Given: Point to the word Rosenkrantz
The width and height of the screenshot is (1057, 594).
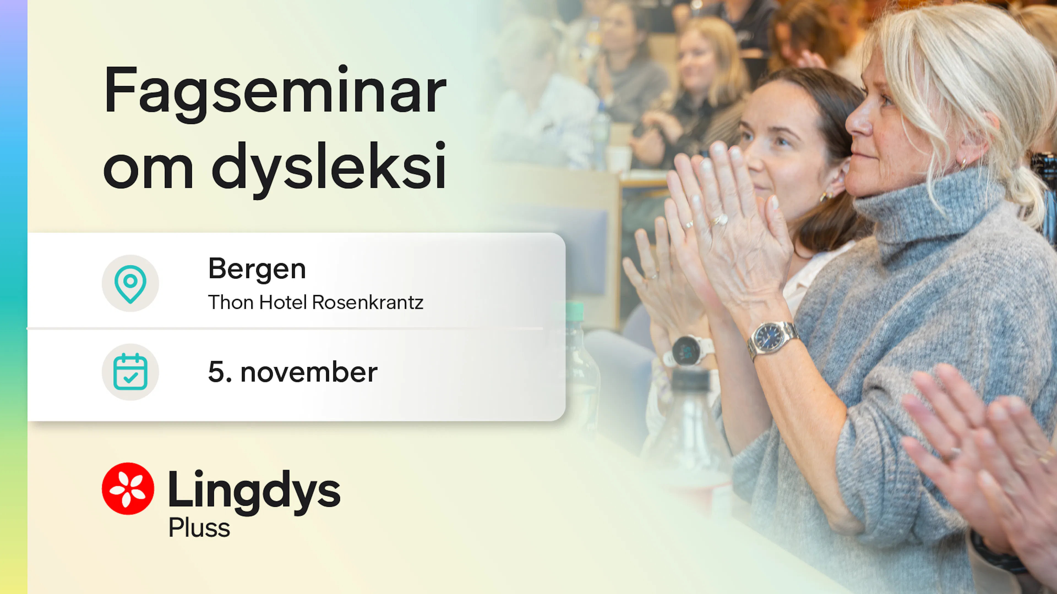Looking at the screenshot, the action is point(368,302).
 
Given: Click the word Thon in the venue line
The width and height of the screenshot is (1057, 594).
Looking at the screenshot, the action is point(231,302).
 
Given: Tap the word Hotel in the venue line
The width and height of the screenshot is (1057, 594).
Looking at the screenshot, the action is point(283,302).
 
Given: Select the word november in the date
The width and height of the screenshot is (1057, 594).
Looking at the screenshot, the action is point(309,373).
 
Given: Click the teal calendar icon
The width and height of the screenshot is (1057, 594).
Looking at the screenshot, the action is point(130,372).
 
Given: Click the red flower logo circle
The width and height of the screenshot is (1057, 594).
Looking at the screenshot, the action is point(128,489).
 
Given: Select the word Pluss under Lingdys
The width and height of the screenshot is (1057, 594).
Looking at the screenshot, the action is point(199,528).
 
